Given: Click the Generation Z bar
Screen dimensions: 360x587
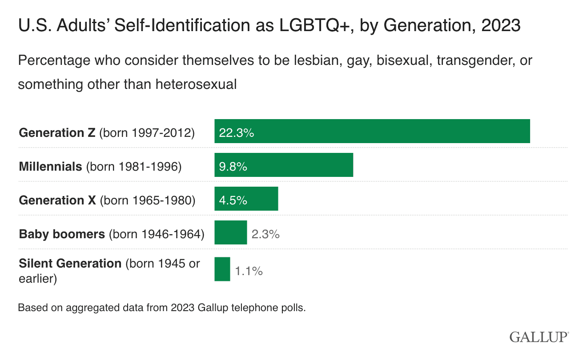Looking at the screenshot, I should (372, 131).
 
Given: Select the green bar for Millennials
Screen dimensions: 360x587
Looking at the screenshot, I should (284, 165).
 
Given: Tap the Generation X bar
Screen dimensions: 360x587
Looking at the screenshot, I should (246, 199).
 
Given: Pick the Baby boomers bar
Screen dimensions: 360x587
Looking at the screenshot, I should (230, 232).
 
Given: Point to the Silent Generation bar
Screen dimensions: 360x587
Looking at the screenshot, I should (222, 269).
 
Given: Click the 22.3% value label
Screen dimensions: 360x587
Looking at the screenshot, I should (237, 133).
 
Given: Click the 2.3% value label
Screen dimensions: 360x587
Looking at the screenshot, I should (265, 234).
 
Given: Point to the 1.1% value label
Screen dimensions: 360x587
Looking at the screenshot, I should (249, 271).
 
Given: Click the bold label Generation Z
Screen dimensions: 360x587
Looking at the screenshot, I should (57, 133).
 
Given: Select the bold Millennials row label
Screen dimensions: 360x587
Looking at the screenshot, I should (50, 167).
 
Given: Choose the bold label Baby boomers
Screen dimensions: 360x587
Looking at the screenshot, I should (62, 234).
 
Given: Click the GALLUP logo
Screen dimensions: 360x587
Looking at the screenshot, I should (539, 336).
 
